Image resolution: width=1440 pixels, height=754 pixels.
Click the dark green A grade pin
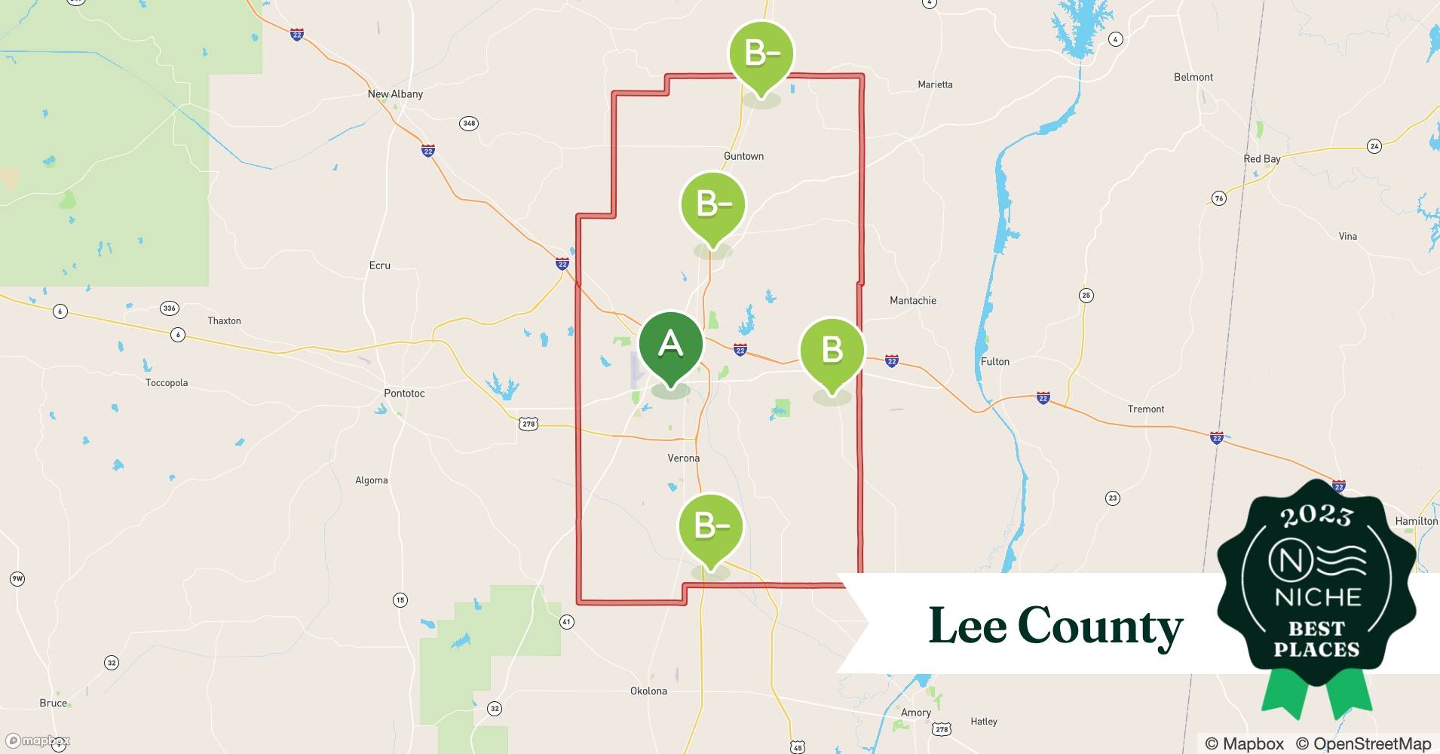670,345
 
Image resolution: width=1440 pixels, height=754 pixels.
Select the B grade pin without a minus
832,350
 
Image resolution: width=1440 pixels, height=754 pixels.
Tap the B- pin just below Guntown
712,204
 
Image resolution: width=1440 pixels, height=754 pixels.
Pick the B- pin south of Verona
710,526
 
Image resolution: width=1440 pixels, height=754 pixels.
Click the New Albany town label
395,94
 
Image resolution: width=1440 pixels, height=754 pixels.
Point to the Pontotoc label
404,393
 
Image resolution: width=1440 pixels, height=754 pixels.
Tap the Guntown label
743,156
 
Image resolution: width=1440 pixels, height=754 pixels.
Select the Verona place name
683,458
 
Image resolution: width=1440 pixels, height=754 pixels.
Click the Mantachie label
912,300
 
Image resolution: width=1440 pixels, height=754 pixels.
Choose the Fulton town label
994,361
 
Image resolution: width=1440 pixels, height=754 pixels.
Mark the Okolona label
648,691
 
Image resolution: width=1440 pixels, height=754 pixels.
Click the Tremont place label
1145,409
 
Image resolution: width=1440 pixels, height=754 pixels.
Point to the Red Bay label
1261,159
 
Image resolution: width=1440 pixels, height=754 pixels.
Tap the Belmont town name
1193,77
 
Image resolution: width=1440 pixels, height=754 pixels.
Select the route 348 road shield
469,123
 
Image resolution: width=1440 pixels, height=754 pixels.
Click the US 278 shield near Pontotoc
529,424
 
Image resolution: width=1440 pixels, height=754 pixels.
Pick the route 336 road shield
169,308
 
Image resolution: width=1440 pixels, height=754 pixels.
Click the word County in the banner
1100,627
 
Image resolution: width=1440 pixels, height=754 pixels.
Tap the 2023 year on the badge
1316,516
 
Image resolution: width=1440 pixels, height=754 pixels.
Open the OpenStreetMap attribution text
1363,743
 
